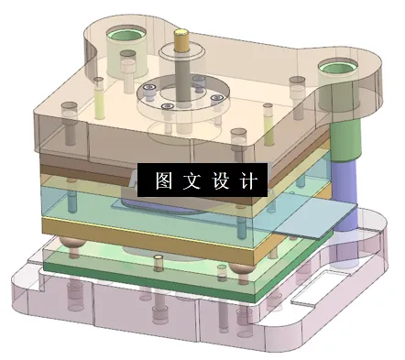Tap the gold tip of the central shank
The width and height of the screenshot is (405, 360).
click(181, 39)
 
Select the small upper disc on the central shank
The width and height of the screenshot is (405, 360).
click(180, 56)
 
